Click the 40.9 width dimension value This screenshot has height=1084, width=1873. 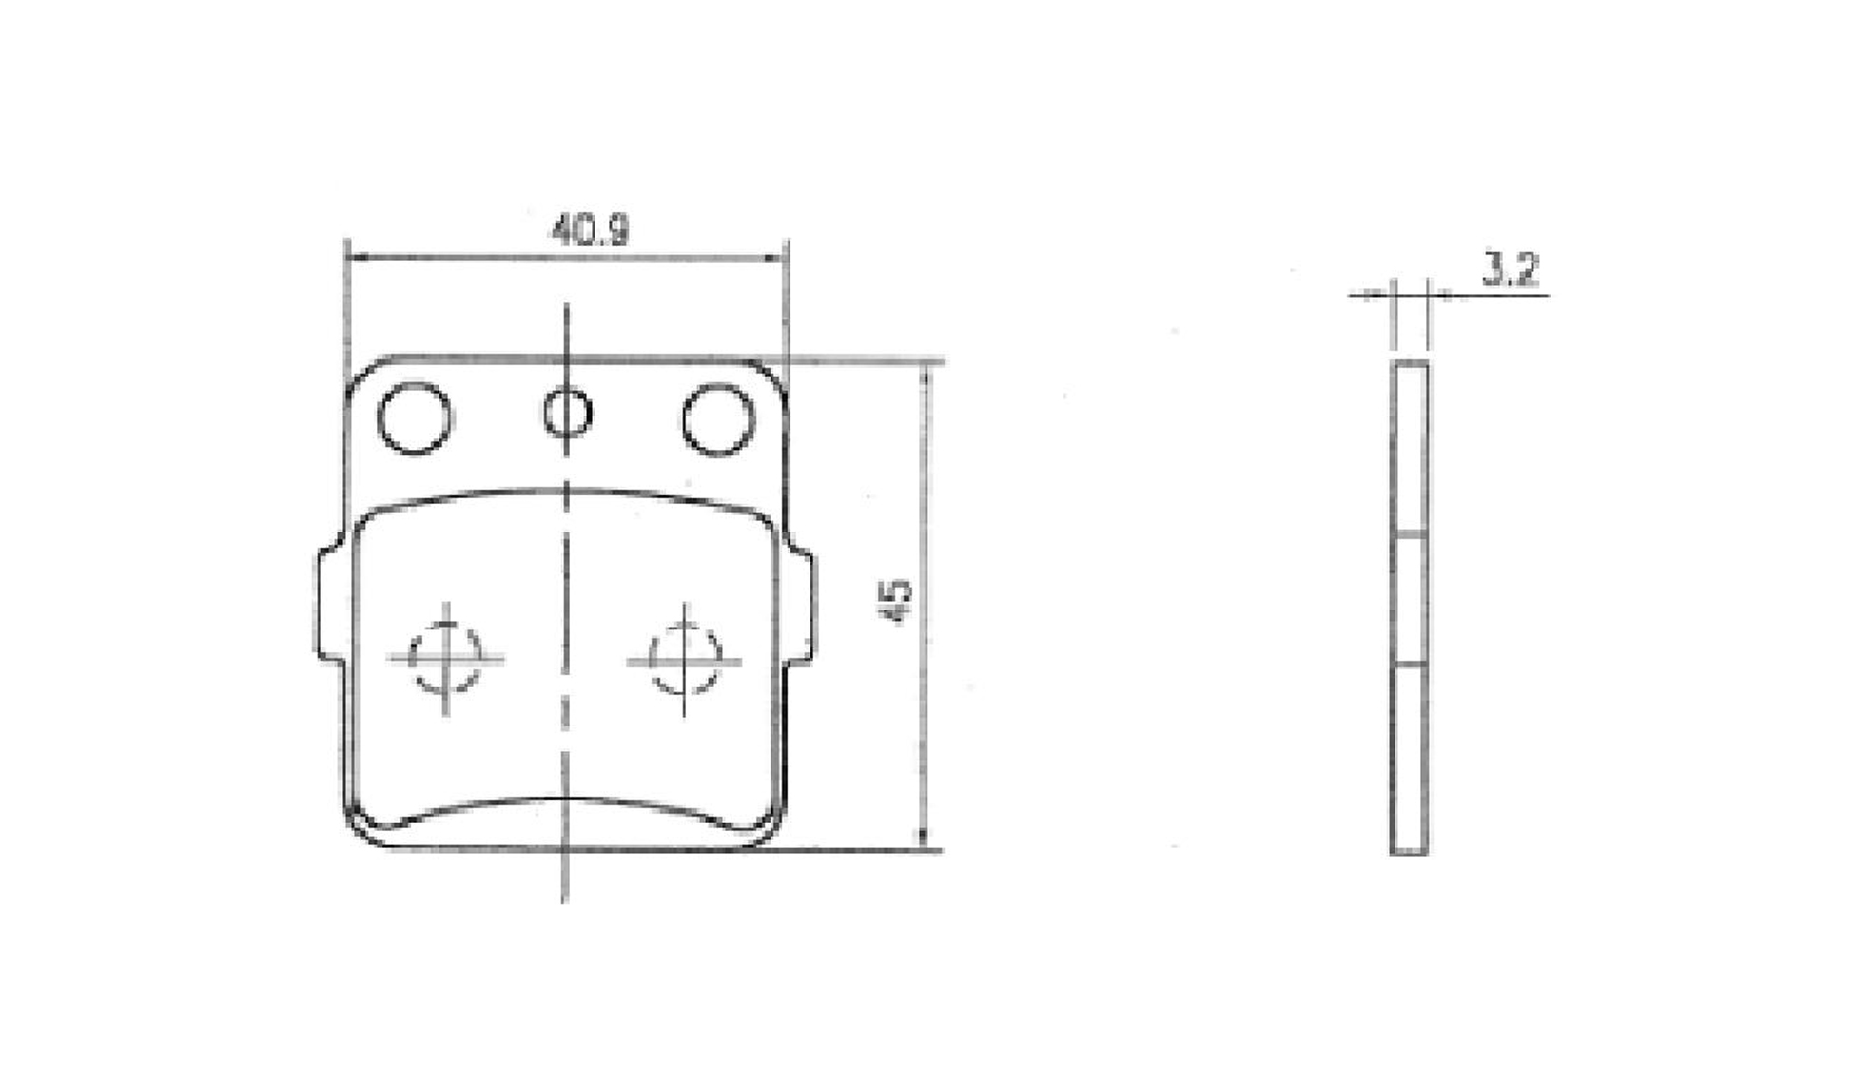click(x=590, y=229)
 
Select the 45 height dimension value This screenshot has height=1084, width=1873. click(x=897, y=601)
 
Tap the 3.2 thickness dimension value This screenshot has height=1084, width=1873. click(x=1510, y=270)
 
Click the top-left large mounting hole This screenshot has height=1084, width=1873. click(x=415, y=417)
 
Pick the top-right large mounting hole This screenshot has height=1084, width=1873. click(x=718, y=418)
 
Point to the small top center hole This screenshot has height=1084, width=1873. click(x=568, y=414)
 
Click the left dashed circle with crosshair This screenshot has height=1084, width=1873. click(x=445, y=658)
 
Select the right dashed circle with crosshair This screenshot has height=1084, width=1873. click(x=684, y=660)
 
